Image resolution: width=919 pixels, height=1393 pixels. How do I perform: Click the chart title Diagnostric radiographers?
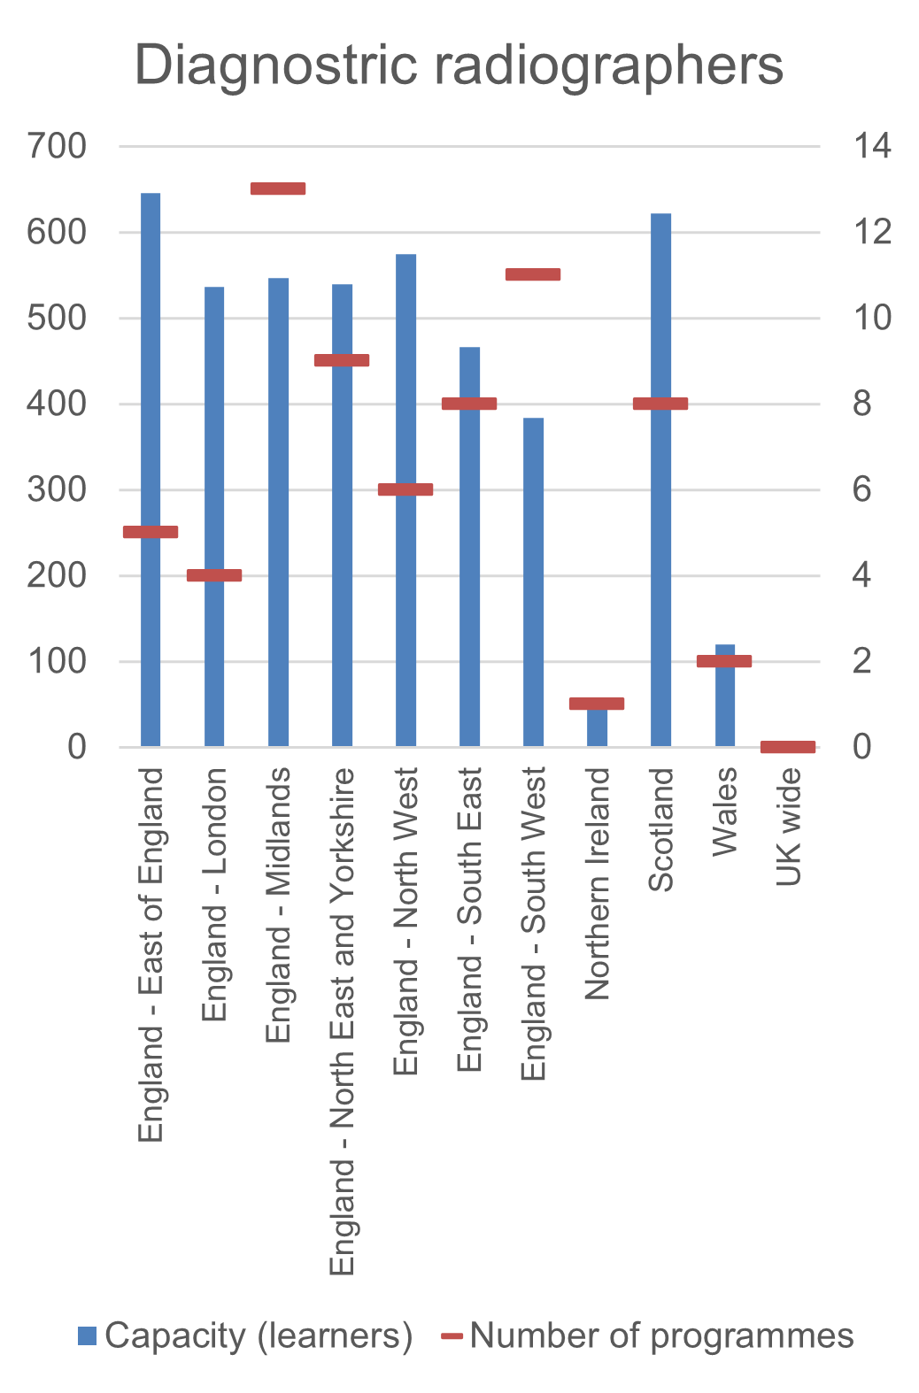point(459,65)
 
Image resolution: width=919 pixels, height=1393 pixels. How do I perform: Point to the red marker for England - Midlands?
point(278,189)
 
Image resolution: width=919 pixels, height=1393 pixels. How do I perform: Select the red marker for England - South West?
point(533,274)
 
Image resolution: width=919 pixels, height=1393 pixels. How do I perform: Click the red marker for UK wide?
point(788,747)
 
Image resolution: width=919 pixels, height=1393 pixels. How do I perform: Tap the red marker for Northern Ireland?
point(597,704)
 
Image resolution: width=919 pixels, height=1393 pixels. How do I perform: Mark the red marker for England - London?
point(214,575)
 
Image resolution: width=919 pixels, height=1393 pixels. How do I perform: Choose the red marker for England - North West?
point(405,489)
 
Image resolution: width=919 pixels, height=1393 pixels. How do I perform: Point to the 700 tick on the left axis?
point(58,146)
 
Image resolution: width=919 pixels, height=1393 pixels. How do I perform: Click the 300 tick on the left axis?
point(58,489)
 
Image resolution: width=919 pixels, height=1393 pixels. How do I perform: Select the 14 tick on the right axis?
point(872,146)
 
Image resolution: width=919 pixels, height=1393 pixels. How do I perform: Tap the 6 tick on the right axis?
point(862,489)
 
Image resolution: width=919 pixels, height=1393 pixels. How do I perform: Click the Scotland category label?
point(661,829)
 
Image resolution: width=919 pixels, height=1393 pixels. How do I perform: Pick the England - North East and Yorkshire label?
point(342,1021)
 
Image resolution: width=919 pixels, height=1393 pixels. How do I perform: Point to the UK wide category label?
point(788,827)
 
